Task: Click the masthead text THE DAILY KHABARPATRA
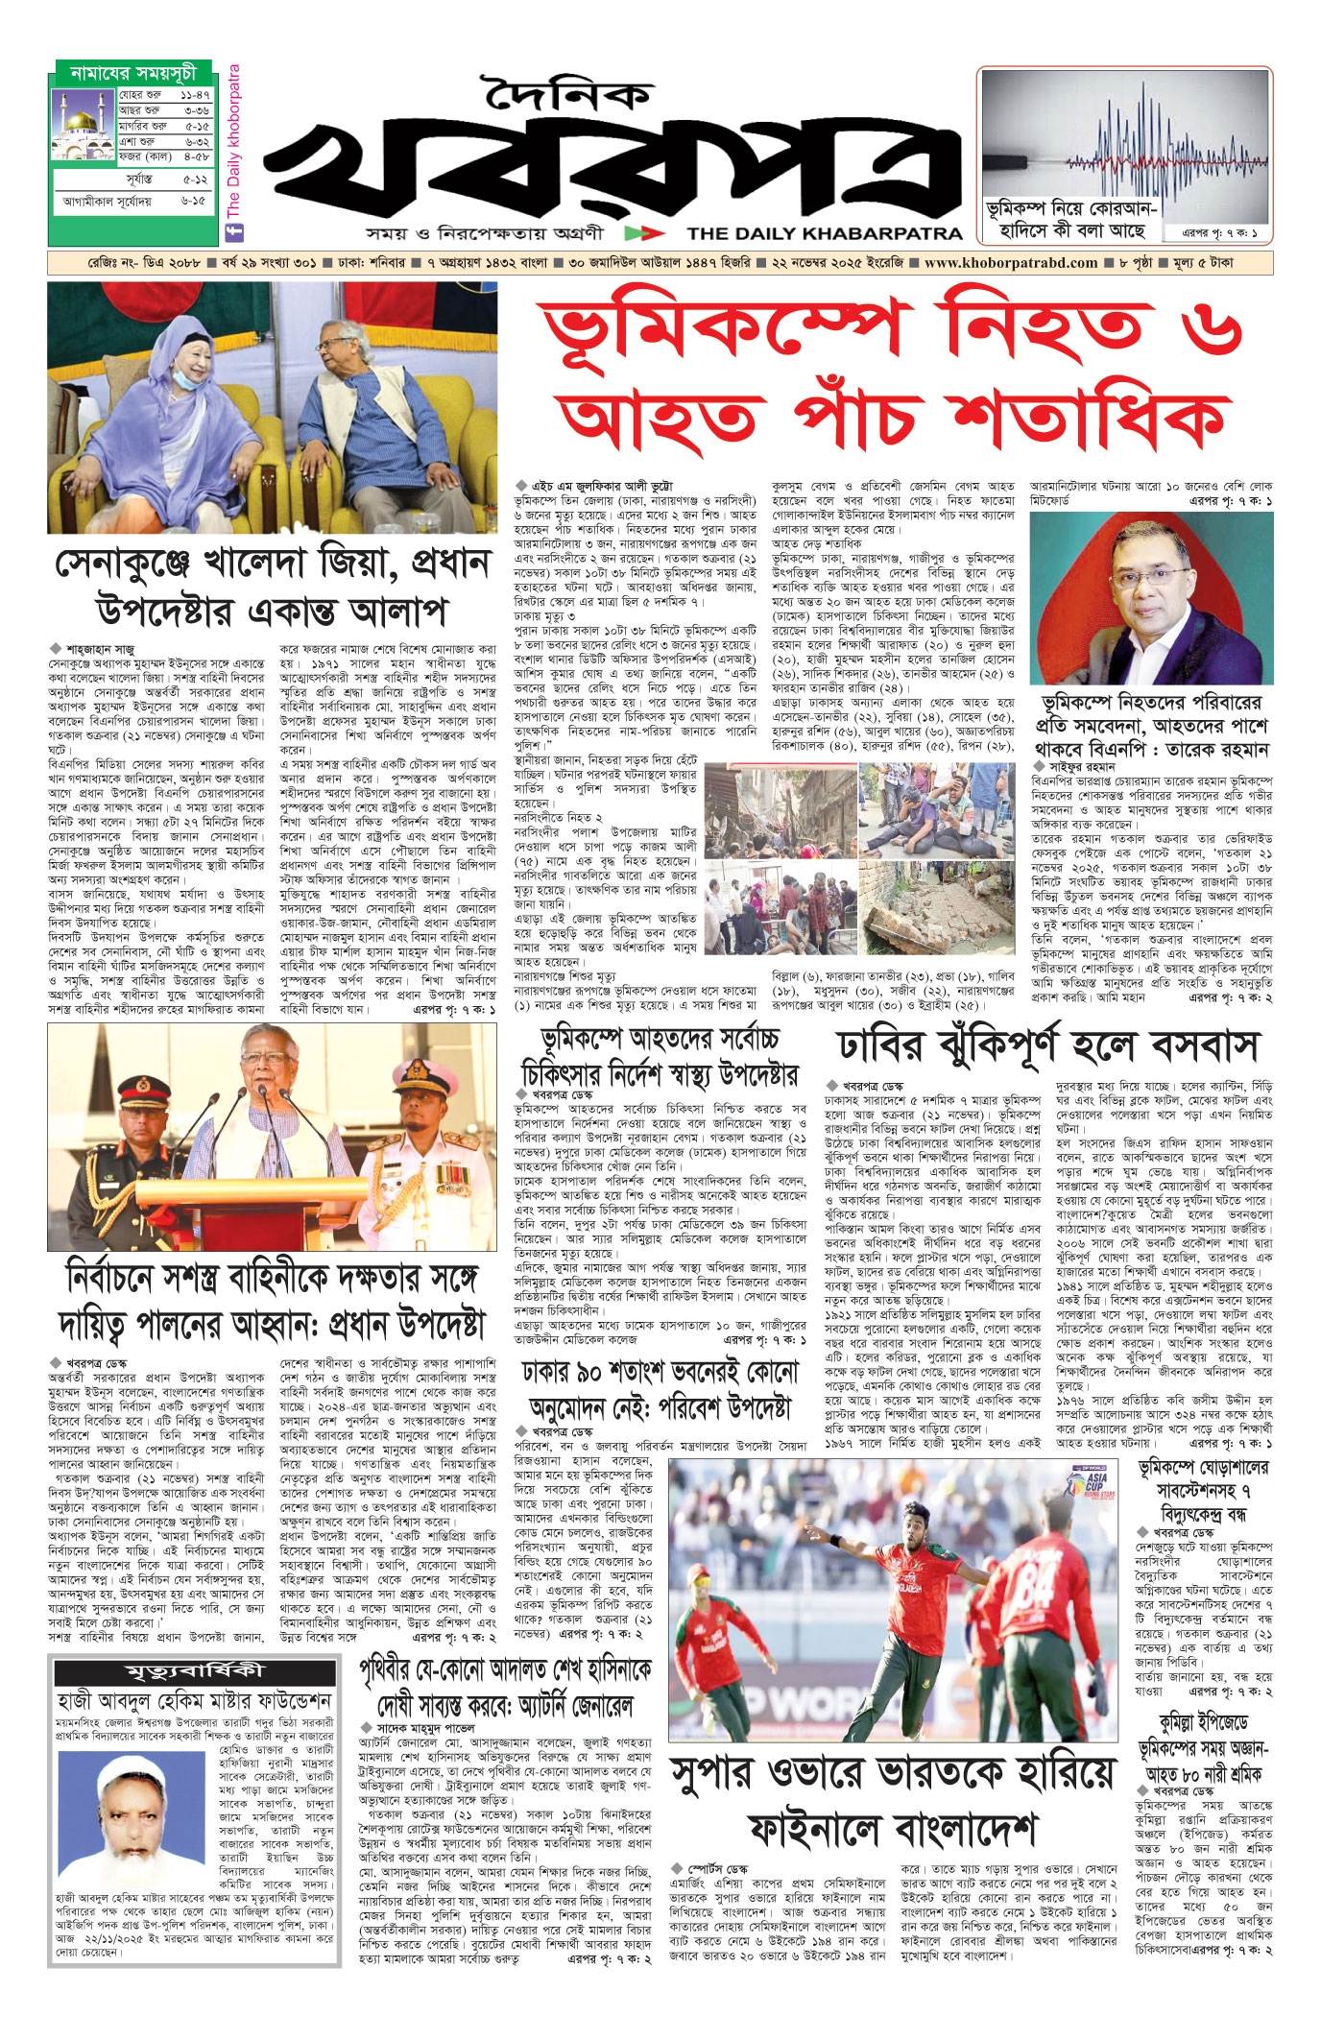[824, 233]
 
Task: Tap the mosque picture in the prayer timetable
[84, 126]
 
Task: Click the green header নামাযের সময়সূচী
[133, 73]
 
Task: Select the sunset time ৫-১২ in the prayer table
[195, 180]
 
